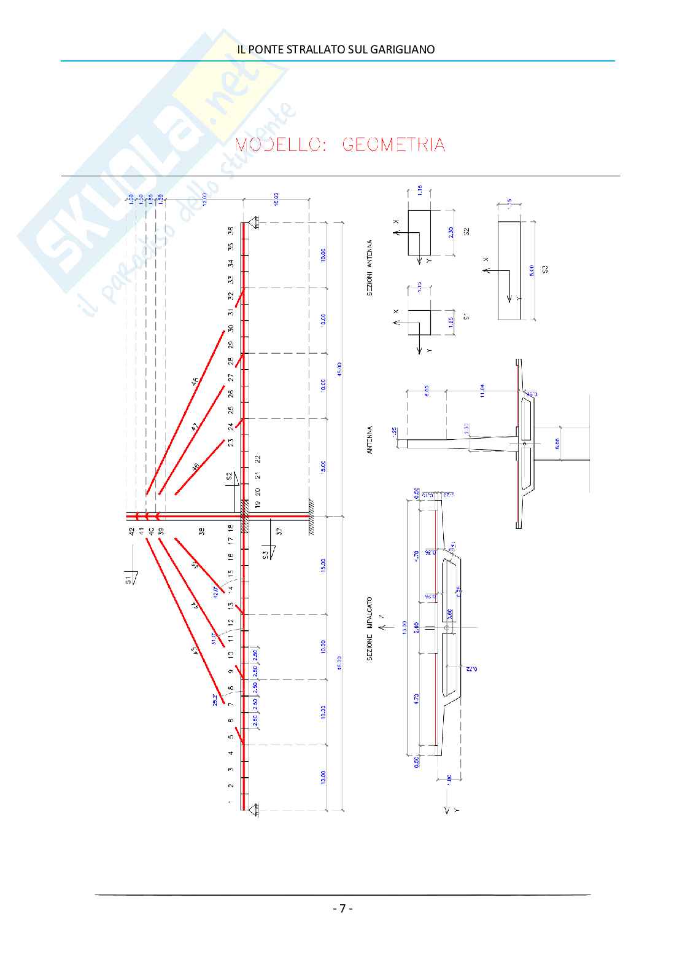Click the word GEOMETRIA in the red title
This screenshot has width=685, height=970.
click(x=393, y=145)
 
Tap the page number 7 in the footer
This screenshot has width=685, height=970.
click(x=342, y=908)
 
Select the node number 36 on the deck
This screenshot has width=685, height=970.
click(x=231, y=230)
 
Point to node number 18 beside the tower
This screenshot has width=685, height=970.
click(x=231, y=528)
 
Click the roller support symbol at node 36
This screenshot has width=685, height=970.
click(x=252, y=222)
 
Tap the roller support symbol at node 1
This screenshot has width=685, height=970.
click(x=252, y=812)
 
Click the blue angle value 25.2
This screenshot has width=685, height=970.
click(x=215, y=699)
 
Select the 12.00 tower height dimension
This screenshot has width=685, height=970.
click(x=204, y=198)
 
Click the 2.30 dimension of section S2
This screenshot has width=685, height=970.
click(x=451, y=232)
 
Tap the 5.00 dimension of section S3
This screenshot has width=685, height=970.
click(x=532, y=270)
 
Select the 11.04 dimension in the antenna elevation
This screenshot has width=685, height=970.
click(x=482, y=391)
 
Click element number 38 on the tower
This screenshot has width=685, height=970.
click(x=202, y=531)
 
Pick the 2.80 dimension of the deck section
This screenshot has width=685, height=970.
click(x=416, y=627)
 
